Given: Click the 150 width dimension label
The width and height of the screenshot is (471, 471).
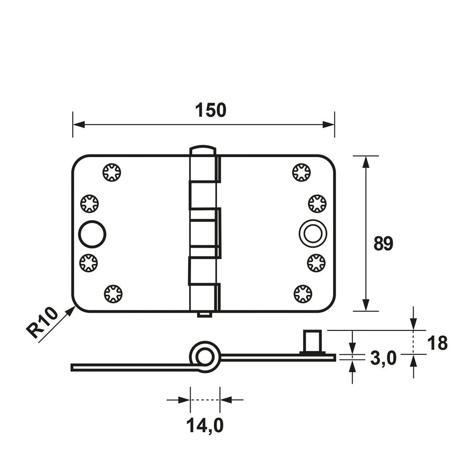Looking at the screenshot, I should pyautogui.click(x=211, y=110).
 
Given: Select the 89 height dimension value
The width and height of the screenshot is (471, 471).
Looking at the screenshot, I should pyautogui.click(x=383, y=244).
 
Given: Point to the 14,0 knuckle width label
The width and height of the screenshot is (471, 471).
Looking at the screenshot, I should pyautogui.click(x=205, y=426).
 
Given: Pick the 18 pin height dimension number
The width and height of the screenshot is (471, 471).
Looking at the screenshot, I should pyautogui.click(x=437, y=343).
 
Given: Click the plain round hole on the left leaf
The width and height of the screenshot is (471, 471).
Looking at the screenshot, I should pyautogui.click(x=92, y=233).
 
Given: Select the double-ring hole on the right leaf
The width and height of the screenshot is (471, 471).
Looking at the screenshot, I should pyautogui.click(x=312, y=233).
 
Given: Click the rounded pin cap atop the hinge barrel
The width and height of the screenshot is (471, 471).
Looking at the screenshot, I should pyautogui.click(x=202, y=150).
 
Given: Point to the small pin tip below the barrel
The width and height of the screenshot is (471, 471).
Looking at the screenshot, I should pyautogui.click(x=204, y=315).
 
